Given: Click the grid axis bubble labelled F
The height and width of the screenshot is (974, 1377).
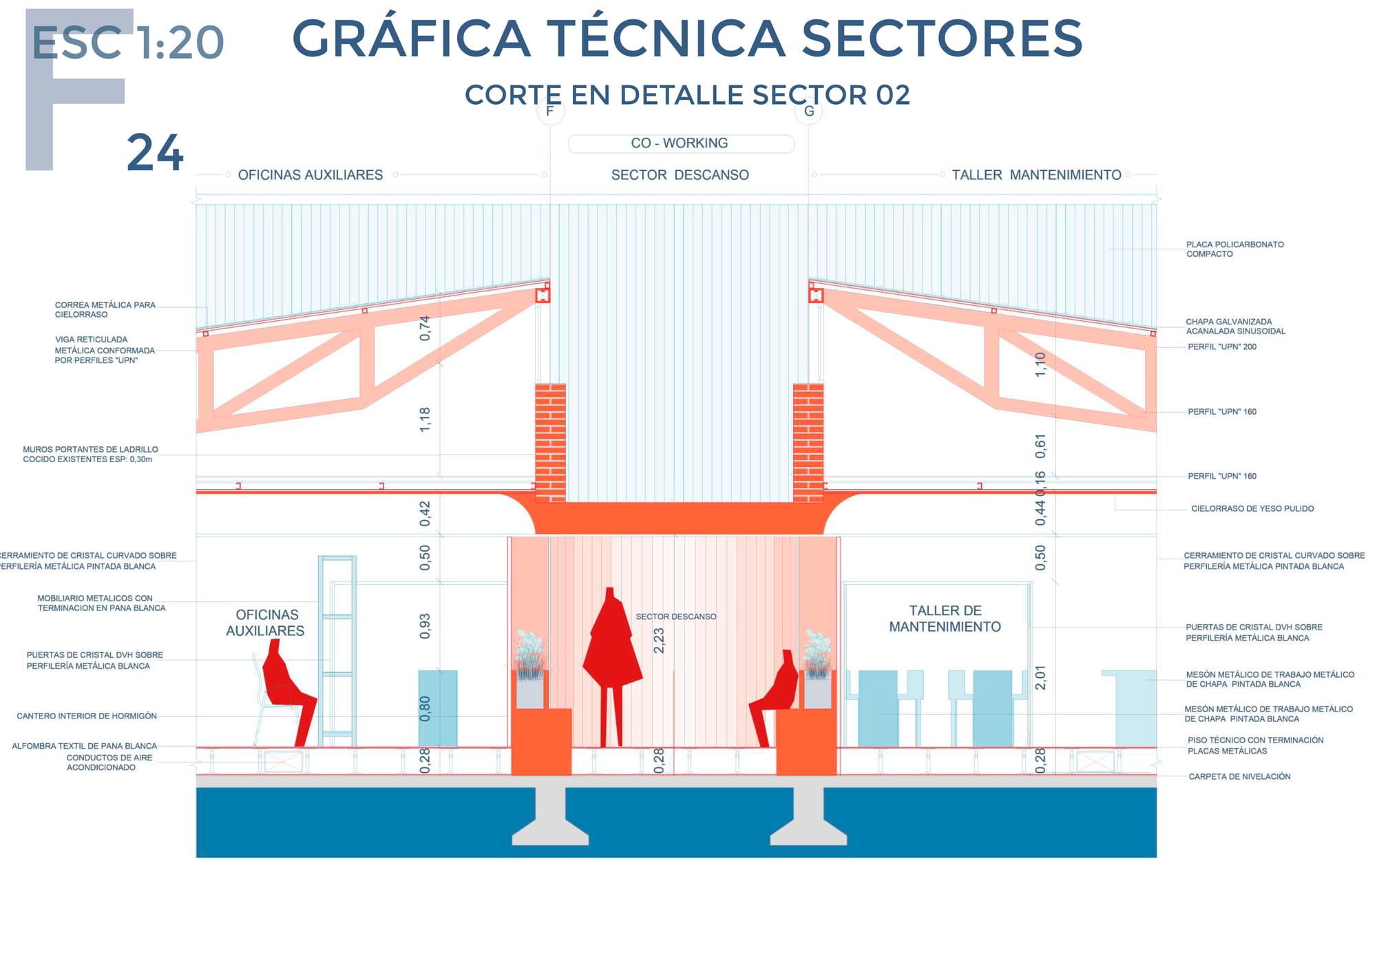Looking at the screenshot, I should tap(550, 111).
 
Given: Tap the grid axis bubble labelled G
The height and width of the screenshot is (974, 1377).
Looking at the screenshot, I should tap(809, 111).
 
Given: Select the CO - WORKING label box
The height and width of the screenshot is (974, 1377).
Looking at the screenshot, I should tap(680, 143).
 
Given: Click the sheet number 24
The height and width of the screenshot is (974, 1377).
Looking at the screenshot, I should tap(156, 153).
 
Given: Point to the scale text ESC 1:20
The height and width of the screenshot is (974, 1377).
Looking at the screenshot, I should tap(128, 43).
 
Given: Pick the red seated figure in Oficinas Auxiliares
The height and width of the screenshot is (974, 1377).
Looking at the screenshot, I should tap(288, 692).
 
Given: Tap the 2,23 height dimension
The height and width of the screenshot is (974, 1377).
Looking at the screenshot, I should tap(659, 640).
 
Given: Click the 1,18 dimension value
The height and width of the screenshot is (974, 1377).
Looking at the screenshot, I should tap(425, 419).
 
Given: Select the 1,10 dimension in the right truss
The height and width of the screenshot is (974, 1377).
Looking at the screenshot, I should tap(1040, 364).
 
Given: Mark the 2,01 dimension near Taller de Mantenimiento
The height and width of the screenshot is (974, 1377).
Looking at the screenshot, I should tap(1040, 678).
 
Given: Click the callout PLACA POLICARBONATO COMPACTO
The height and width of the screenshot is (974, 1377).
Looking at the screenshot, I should tap(1234, 249).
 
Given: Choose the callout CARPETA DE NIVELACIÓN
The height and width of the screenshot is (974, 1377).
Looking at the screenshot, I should tap(1239, 776).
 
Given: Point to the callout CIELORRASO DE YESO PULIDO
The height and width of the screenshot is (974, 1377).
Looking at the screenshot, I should tap(1252, 508).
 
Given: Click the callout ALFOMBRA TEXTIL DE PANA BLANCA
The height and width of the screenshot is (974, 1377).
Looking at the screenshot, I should tap(85, 746).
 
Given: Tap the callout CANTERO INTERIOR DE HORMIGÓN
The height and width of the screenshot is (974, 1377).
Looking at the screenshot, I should tap(87, 716).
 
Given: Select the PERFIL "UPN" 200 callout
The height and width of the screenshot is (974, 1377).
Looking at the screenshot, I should tap(1222, 347).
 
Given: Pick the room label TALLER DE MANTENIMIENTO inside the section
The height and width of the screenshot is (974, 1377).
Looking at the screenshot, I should tap(945, 619).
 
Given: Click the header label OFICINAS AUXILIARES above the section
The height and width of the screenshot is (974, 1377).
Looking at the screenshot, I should tap(311, 175).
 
